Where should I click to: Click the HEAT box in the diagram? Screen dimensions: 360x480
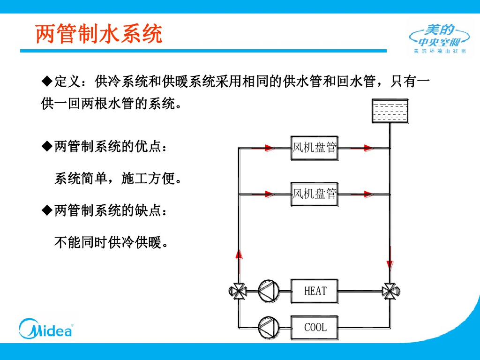pos(315,291)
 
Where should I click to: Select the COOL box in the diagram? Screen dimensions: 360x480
pos(315,327)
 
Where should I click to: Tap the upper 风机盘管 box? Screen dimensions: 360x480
pos(314,148)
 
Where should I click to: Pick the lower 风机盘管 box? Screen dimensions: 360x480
pos(314,194)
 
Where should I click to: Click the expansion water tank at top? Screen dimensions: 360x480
pos(390,111)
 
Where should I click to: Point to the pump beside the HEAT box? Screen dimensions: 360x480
pos(268,291)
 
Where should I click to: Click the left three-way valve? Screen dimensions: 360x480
pos(239,291)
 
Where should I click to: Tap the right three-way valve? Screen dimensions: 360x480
pos(390,291)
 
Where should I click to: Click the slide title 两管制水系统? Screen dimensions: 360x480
pos(99,34)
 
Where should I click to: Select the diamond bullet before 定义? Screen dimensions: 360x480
pos(46,82)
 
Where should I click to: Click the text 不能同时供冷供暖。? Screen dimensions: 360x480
pos(112,243)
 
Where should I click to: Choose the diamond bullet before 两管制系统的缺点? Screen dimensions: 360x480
pos(46,211)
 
